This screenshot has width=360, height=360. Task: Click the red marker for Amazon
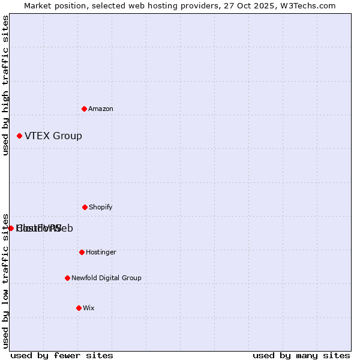tap(84, 109)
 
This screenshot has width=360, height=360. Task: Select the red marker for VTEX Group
tap(19, 136)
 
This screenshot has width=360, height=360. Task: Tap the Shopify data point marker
tap(85, 207)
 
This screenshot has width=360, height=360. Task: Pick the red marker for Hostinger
tap(82, 252)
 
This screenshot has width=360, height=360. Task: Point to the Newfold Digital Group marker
tap(67, 278)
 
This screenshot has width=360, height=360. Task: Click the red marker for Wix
tap(79, 308)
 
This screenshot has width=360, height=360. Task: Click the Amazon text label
tap(100, 109)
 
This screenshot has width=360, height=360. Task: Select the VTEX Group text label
tap(53, 136)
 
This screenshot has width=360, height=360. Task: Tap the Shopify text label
tap(100, 207)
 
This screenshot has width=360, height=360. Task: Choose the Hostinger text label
tap(101, 252)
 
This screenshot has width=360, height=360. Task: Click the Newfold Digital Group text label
tap(106, 278)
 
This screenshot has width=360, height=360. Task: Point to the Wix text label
tap(88, 308)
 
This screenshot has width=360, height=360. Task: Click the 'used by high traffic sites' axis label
tap(5, 86)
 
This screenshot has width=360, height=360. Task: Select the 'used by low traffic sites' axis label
tap(5, 280)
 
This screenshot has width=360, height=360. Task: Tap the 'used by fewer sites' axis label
tap(62, 355)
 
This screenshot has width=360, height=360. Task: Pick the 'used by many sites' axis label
tap(301, 355)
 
